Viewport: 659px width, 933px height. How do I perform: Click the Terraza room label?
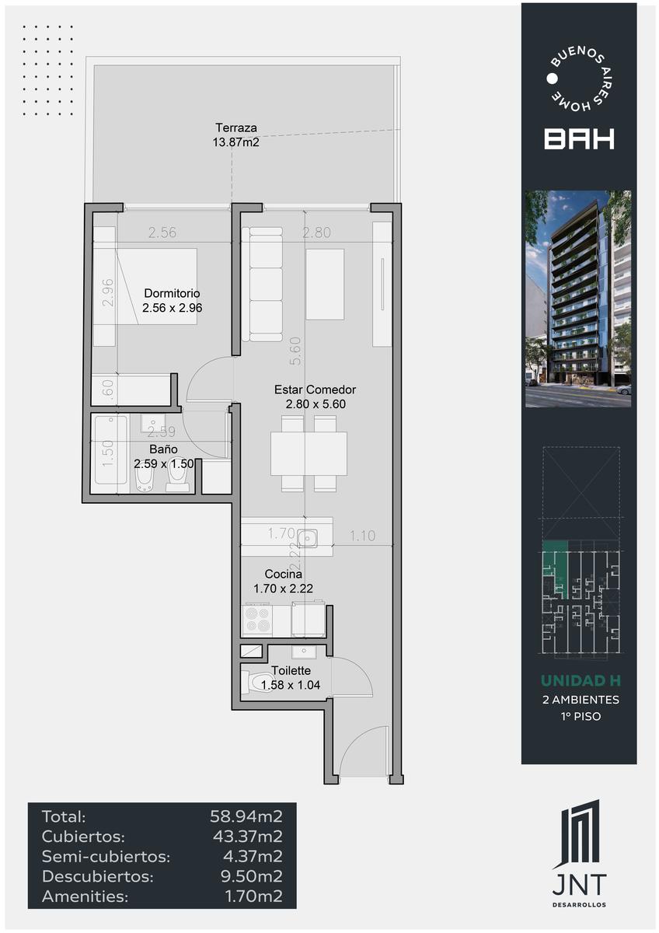tap(235, 128)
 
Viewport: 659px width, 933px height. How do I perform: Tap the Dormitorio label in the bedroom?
tap(172, 293)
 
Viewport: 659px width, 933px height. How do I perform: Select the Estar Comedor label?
tap(316, 390)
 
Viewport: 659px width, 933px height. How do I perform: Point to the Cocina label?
tap(283, 574)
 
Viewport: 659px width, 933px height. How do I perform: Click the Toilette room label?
tap(291, 670)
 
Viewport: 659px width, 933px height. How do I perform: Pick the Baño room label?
tap(164, 449)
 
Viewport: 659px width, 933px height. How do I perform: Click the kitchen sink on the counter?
tap(308, 538)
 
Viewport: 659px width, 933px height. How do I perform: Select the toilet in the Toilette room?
tap(256, 682)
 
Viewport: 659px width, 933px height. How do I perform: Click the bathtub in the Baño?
tap(111, 450)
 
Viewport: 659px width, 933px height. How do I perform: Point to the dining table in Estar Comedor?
tap(309, 453)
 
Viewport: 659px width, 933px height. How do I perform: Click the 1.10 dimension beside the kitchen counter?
tap(362, 536)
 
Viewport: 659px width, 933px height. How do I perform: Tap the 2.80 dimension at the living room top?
tap(316, 232)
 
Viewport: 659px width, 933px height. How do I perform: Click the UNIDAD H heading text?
tap(581, 680)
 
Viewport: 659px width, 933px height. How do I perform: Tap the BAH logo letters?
tap(579, 138)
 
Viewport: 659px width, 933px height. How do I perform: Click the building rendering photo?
tap(578, 299)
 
